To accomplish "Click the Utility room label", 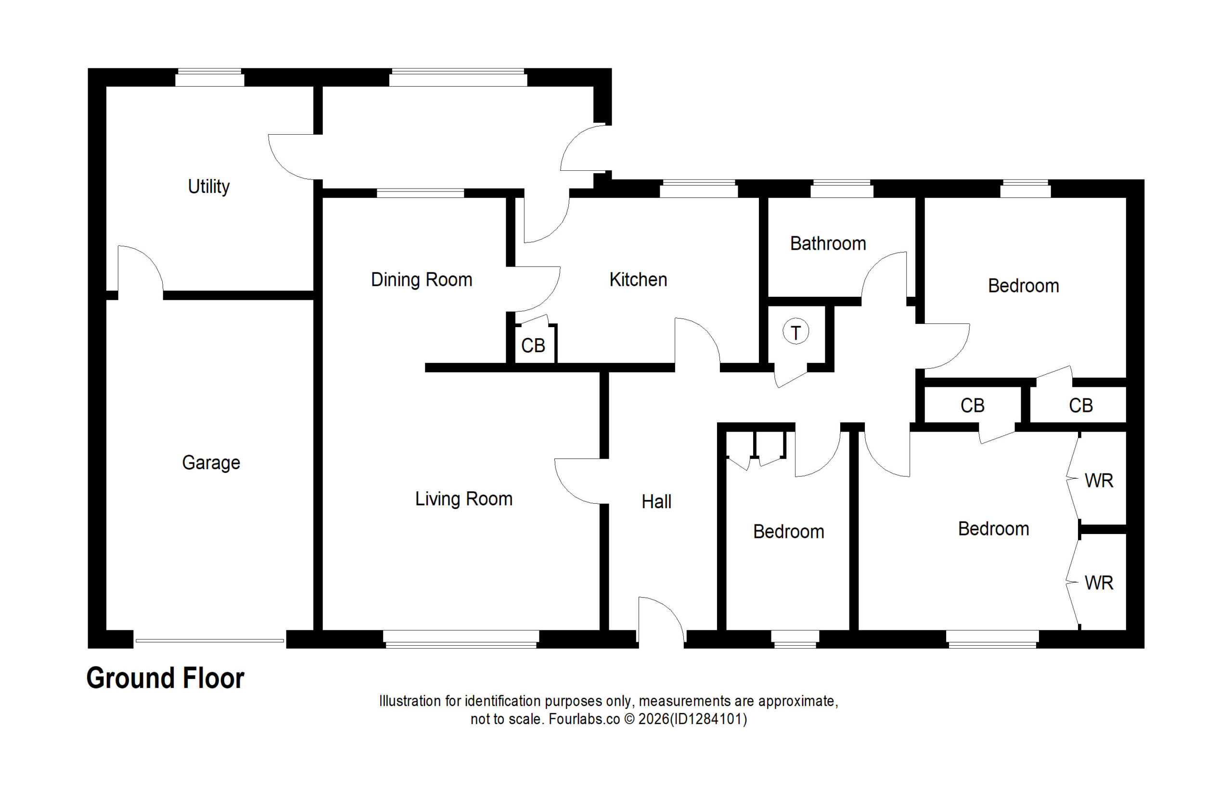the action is (208, 187).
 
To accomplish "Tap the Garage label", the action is (211, 463).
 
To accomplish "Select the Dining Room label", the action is (421, 280).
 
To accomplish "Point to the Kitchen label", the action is (638, 280).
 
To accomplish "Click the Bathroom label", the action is (828, 243).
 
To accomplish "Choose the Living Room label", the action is (463, 499).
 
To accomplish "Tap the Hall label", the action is (656, 502).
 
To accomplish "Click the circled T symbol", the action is (796, 332).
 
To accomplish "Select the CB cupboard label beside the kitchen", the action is (533, 345).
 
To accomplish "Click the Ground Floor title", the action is (166, 678).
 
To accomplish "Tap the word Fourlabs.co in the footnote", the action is (584, 719).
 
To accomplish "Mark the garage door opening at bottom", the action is (210, 640).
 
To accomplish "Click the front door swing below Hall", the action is (661, 619).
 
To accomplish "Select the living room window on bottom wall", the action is (461, 639).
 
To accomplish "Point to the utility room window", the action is (210, 77).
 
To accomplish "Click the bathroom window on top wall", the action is (842, 189).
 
